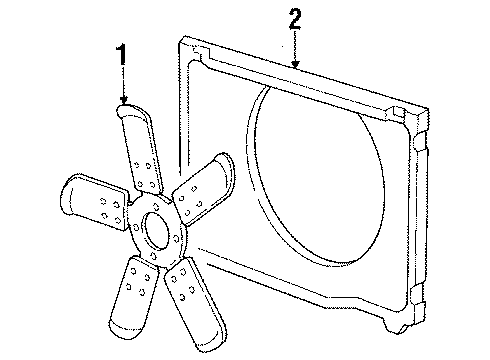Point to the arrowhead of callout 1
click(124, 103)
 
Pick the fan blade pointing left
click(95, 200)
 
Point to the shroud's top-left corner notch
click(190, 45)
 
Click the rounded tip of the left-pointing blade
click(68, 196)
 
